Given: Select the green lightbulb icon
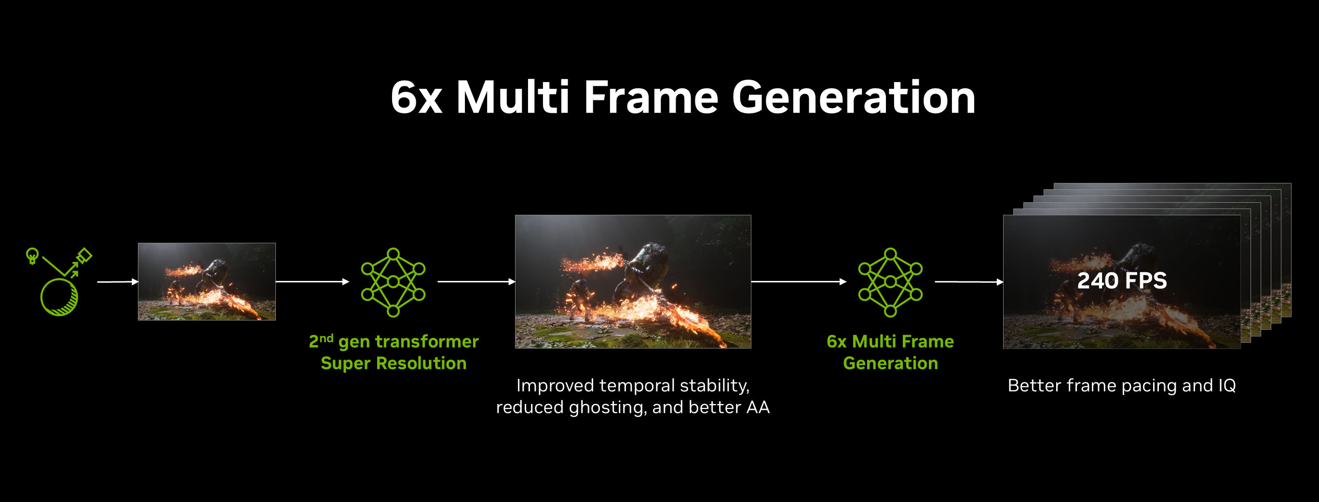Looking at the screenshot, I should click(x=32, y=255).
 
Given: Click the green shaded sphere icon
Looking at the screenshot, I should click(x=59, y=297).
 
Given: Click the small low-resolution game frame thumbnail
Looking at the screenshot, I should click(x=206, y=281).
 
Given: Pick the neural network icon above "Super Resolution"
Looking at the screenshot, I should click(x=393, y=282).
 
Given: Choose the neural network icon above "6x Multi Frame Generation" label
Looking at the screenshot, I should click(x=890, y=282).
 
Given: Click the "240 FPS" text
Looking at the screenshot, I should click(x=1121, y=281).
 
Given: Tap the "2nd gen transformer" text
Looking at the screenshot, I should click(x=393, y=341).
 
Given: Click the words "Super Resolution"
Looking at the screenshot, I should click(x=393, y=363).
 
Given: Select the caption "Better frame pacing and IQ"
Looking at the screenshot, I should click(x=1121, y=385).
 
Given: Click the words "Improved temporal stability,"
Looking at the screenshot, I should click(x=632, y=385).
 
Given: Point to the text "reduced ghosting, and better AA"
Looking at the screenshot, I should click(x=632, y=407).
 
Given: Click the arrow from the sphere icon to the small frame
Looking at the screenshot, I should click(x=117, y=282).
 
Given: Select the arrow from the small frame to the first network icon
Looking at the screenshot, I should click(x=312, y=282).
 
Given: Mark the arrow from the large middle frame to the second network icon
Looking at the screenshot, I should click(x=798, y=282).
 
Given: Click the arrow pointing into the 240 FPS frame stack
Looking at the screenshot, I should click(x=968, y=282).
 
